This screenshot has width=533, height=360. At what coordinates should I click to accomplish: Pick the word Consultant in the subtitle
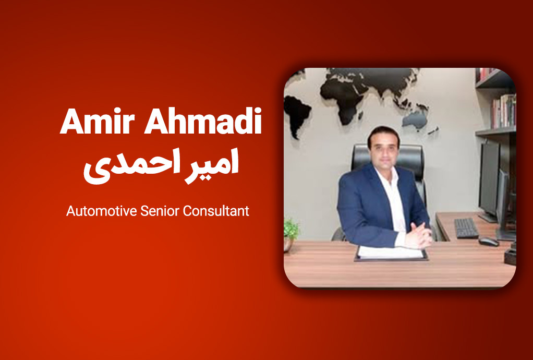(216, 211)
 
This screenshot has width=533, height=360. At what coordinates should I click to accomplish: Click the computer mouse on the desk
(489, 242)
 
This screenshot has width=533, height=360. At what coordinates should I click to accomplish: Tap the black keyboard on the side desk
(466, 227)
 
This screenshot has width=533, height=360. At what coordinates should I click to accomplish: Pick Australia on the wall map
(415, 119)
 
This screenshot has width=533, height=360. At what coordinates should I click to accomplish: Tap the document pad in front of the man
(391, 253)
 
